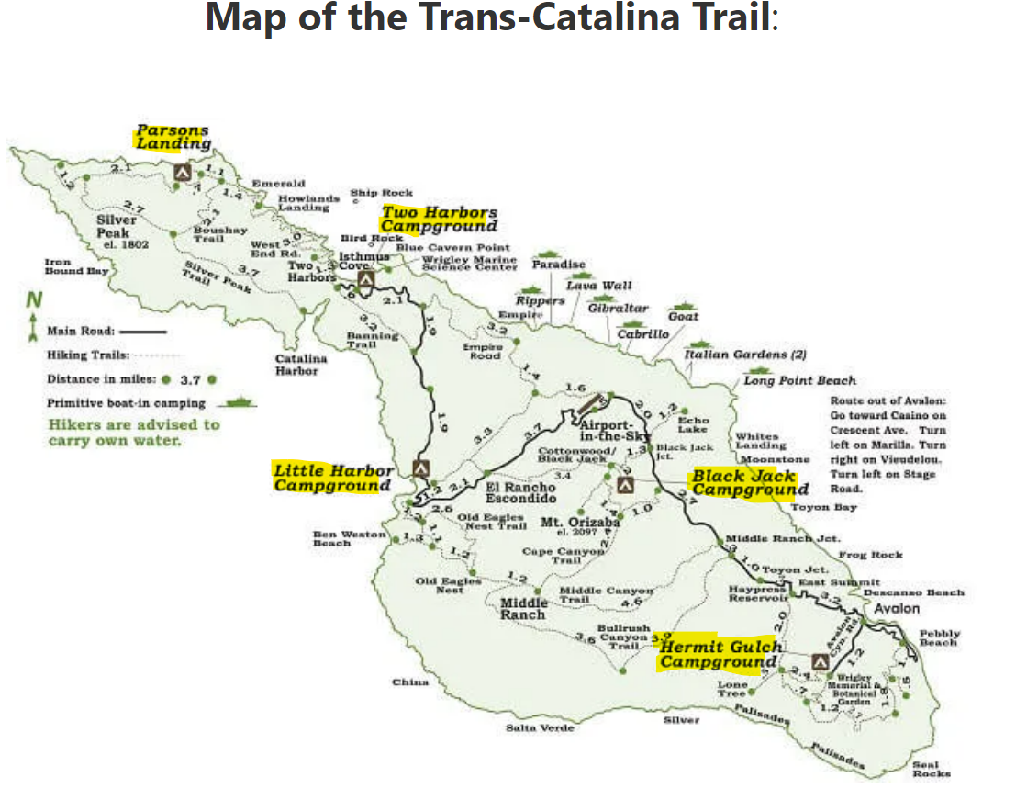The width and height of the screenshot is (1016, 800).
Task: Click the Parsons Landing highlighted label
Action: [173, 137]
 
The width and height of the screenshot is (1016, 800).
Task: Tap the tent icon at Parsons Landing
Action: [182, 171]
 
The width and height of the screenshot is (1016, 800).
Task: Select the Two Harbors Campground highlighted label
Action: [439, 220]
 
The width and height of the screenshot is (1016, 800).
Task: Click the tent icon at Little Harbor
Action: [420, 467]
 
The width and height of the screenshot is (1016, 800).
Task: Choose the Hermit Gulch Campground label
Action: [720, 654]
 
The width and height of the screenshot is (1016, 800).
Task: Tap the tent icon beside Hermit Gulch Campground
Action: [821, 659]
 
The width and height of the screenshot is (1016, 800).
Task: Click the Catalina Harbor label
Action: [297, 365]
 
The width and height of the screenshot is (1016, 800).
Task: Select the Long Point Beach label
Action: [799, 380]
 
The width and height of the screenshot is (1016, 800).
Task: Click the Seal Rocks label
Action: [931, 769]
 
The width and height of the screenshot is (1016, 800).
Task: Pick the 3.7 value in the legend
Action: [190, 378]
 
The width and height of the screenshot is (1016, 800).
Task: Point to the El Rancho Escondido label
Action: [519, 492]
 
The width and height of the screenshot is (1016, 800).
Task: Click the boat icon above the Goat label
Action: [684, 305]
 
